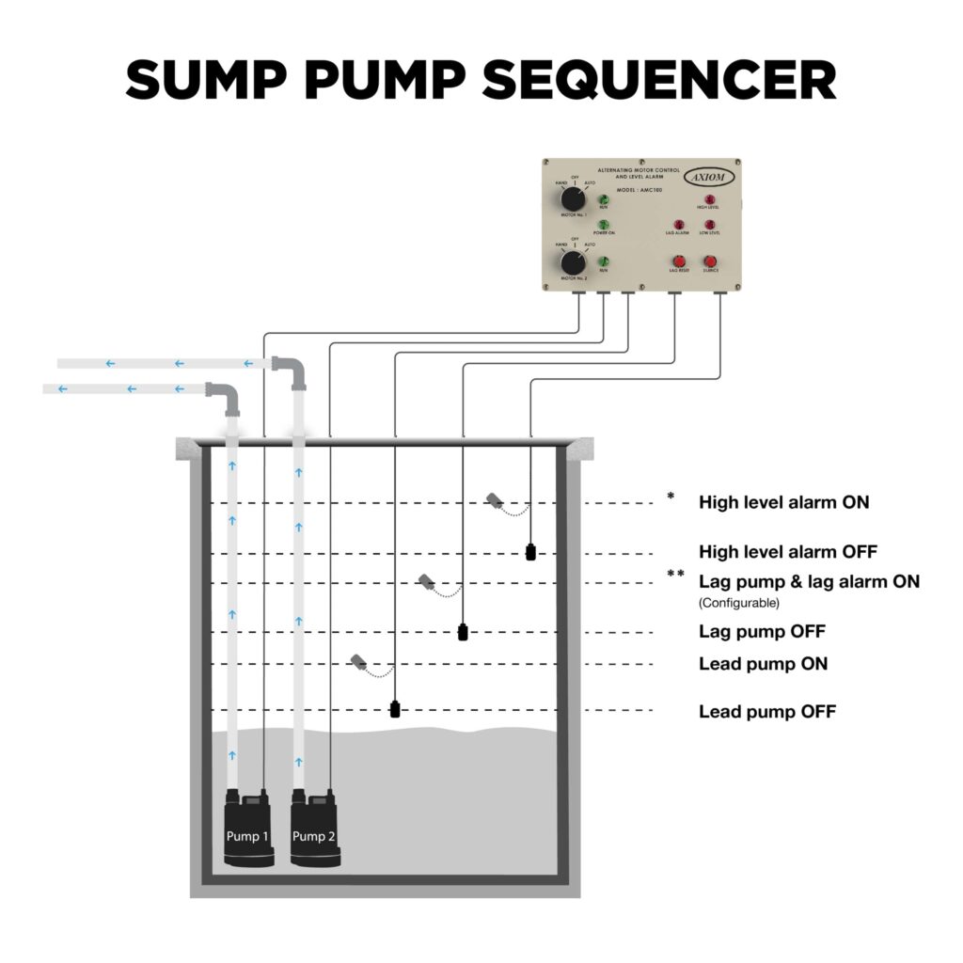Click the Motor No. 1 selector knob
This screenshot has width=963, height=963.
coord(571,200)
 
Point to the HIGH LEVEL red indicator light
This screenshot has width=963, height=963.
coord(710,199)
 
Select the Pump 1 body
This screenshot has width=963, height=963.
coord(246,829)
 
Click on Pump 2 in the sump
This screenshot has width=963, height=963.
coord(313,829)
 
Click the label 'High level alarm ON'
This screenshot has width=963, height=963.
coord(783,502)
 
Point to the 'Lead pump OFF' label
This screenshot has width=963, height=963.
coord(766,712)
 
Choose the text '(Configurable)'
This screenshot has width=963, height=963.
coord(738,603)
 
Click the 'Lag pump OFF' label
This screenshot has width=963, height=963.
coord(762,631)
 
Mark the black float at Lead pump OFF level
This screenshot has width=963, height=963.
coord(396,709)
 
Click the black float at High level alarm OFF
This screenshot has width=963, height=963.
coord(531,552)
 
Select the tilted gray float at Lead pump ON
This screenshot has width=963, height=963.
coord(359,662)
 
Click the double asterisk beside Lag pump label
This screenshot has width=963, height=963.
coord(675,575)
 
